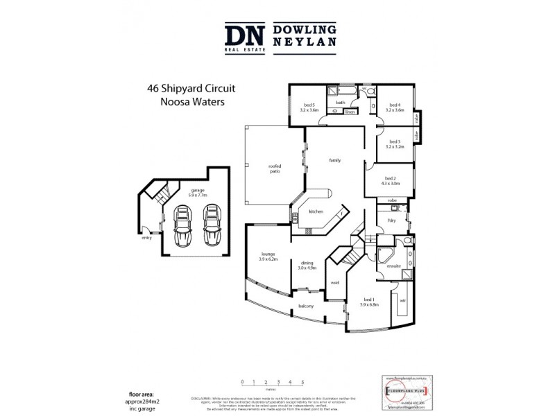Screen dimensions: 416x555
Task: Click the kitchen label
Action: coord(316,211)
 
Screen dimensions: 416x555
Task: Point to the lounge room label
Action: coord(268,256)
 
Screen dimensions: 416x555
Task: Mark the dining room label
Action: coord(307,265)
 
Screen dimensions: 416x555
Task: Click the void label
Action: coord(334,282)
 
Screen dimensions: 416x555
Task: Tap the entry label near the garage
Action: coord(146,238)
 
